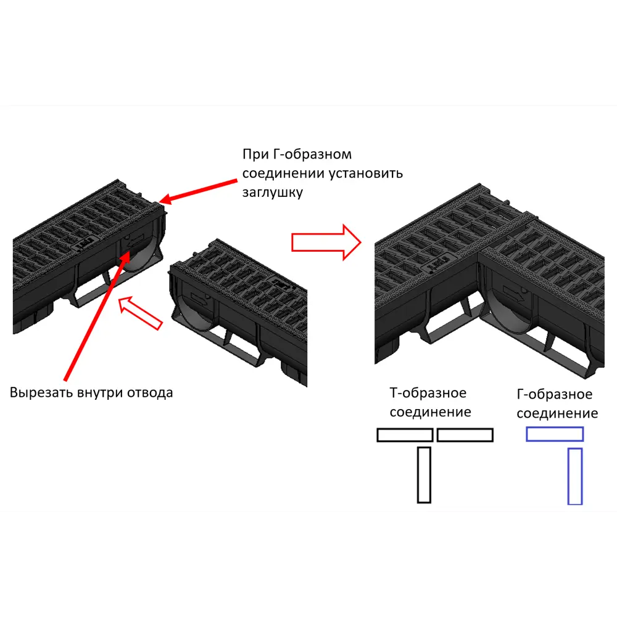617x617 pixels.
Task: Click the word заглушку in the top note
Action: (x=272, y=193)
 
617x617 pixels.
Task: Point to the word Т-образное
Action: (x=428, y=392)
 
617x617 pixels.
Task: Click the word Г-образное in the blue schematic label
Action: (x=555, y=394)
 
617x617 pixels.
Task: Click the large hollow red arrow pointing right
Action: (x=326, y=242)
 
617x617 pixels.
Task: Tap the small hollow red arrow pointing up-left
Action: (x=140, y=313)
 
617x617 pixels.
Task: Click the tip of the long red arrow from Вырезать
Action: (x=129, y=251)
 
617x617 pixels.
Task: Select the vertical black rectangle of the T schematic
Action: (x=424, y=475)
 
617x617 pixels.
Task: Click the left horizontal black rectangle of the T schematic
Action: (x=405, y=435)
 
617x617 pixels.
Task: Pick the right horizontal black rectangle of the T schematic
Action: (x=465, y=435)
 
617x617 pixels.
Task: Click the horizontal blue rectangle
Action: (x=555, y=434)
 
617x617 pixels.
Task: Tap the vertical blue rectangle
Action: (x=575, y=476)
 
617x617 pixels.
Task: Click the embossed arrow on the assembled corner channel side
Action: (x=513, y=293)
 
